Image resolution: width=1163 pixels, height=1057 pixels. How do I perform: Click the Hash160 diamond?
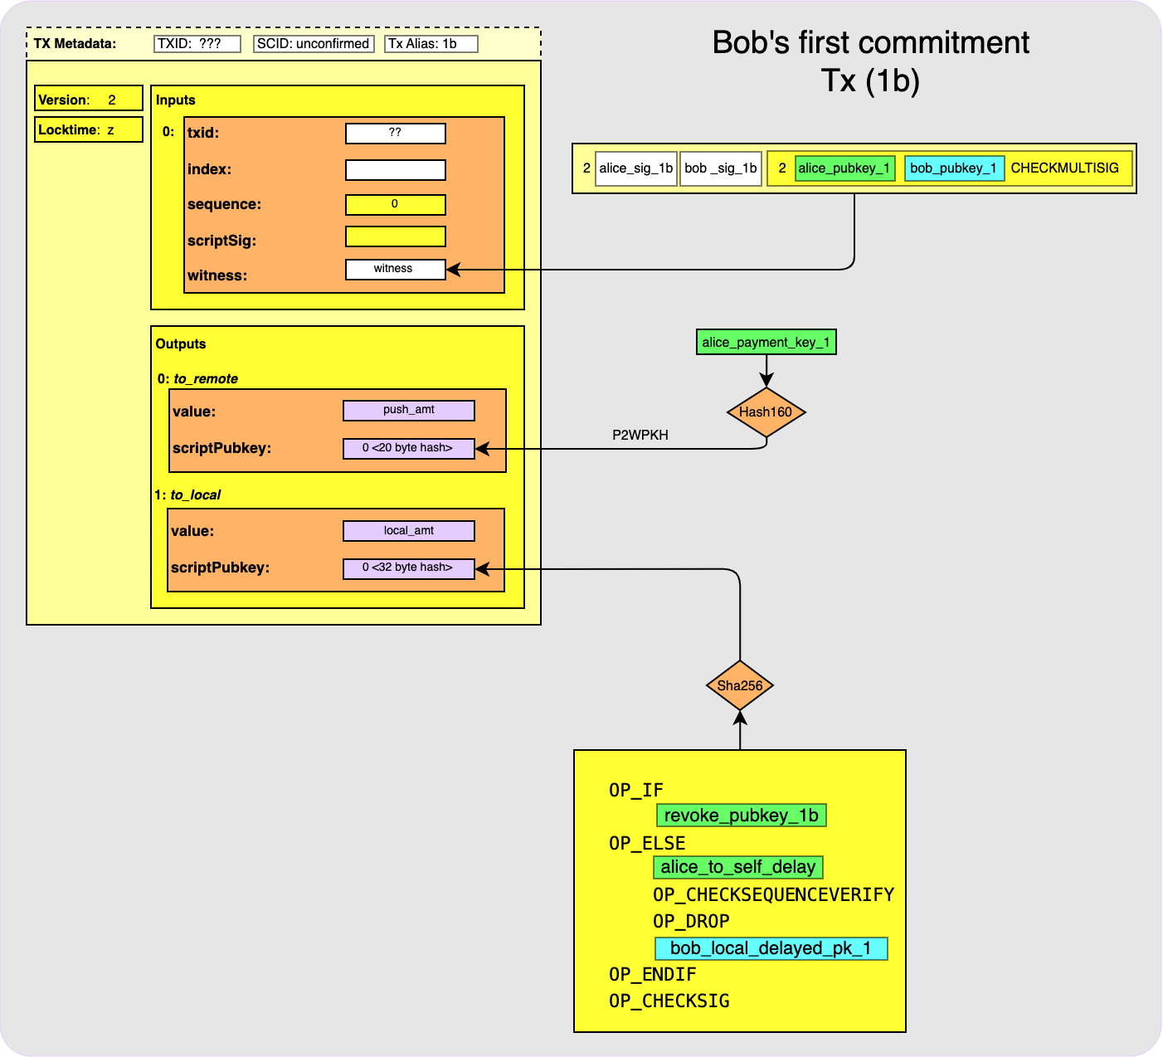[766, 412]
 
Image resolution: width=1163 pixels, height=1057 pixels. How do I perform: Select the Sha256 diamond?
[740, 685]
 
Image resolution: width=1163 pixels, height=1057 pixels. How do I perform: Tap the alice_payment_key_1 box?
[766, 342]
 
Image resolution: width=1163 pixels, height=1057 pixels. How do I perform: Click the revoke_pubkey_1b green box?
[741, 816]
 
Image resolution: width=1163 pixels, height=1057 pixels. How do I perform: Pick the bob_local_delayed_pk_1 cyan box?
[771, 948]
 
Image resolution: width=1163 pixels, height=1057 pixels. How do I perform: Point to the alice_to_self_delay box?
[738, 867]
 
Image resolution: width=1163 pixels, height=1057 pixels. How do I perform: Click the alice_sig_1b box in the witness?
[635, 168]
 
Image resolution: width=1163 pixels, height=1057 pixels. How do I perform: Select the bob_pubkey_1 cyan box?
[954, 168]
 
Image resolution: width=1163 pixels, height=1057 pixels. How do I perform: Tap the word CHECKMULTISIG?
[1064, 168]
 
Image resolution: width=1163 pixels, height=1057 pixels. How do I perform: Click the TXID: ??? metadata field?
[197, 44]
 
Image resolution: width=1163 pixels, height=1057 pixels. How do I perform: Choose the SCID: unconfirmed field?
[313, 44]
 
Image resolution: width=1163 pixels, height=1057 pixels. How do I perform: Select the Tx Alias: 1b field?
[431, 44]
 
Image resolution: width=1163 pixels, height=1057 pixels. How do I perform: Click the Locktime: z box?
[88, 129]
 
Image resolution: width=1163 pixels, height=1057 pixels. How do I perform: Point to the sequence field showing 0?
[395, 204]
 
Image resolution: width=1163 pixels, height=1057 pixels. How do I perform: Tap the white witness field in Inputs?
[395, 269]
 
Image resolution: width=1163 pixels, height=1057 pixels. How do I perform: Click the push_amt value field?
[408, 410]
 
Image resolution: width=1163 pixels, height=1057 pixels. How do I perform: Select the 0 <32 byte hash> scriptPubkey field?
[408, 568]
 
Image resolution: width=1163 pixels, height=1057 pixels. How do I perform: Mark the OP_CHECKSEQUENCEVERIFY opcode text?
[773, 894]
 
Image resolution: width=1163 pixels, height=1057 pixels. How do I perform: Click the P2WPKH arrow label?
[640, 435]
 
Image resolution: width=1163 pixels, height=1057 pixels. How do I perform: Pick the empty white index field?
[395, 170]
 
